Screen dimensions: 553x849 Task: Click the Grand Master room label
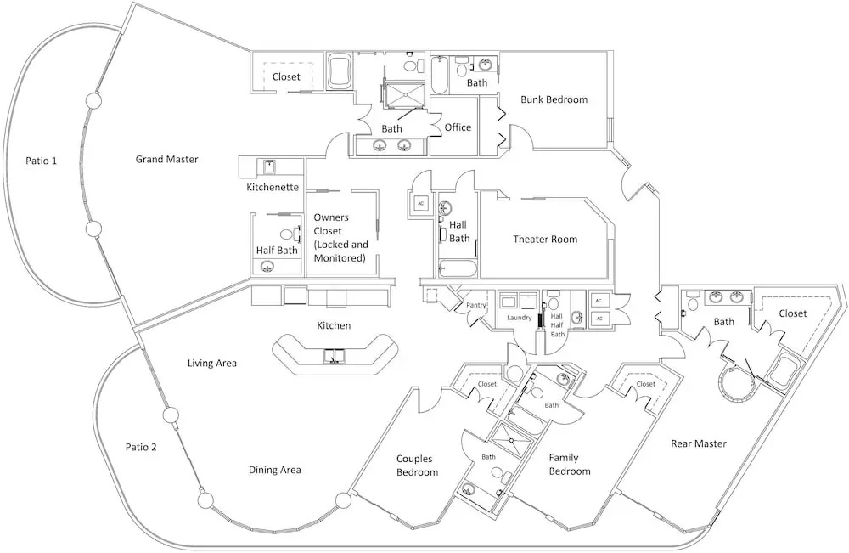point(166,159)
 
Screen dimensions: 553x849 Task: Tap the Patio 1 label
point(41,159)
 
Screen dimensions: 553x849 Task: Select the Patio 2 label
point(141,447)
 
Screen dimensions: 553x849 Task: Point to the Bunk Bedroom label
point(554,99)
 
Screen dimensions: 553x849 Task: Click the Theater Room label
point(545,240)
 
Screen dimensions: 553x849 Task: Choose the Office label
point(458,127)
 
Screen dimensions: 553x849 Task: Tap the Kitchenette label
point(273,187)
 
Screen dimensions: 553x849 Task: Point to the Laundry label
point(519,319)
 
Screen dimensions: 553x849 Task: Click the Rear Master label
point(698,443)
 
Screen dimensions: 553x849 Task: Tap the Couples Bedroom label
point(418,466)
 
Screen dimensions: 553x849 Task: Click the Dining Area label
point(274,470)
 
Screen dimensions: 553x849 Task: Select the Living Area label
point(211,364)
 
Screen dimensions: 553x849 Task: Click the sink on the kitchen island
point(333,354)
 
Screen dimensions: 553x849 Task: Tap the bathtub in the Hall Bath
point(457,271)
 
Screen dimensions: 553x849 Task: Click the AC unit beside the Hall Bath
point(420,204)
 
